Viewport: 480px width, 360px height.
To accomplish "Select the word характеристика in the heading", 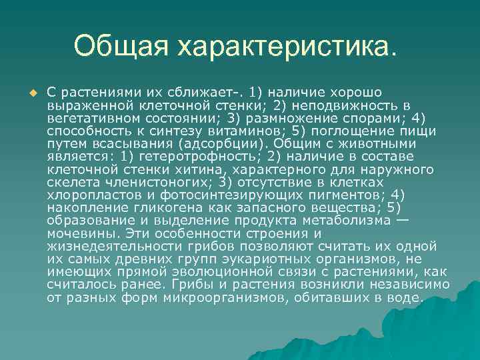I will (287, 46).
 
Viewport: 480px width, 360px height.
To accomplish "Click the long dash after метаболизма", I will (402, 219).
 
